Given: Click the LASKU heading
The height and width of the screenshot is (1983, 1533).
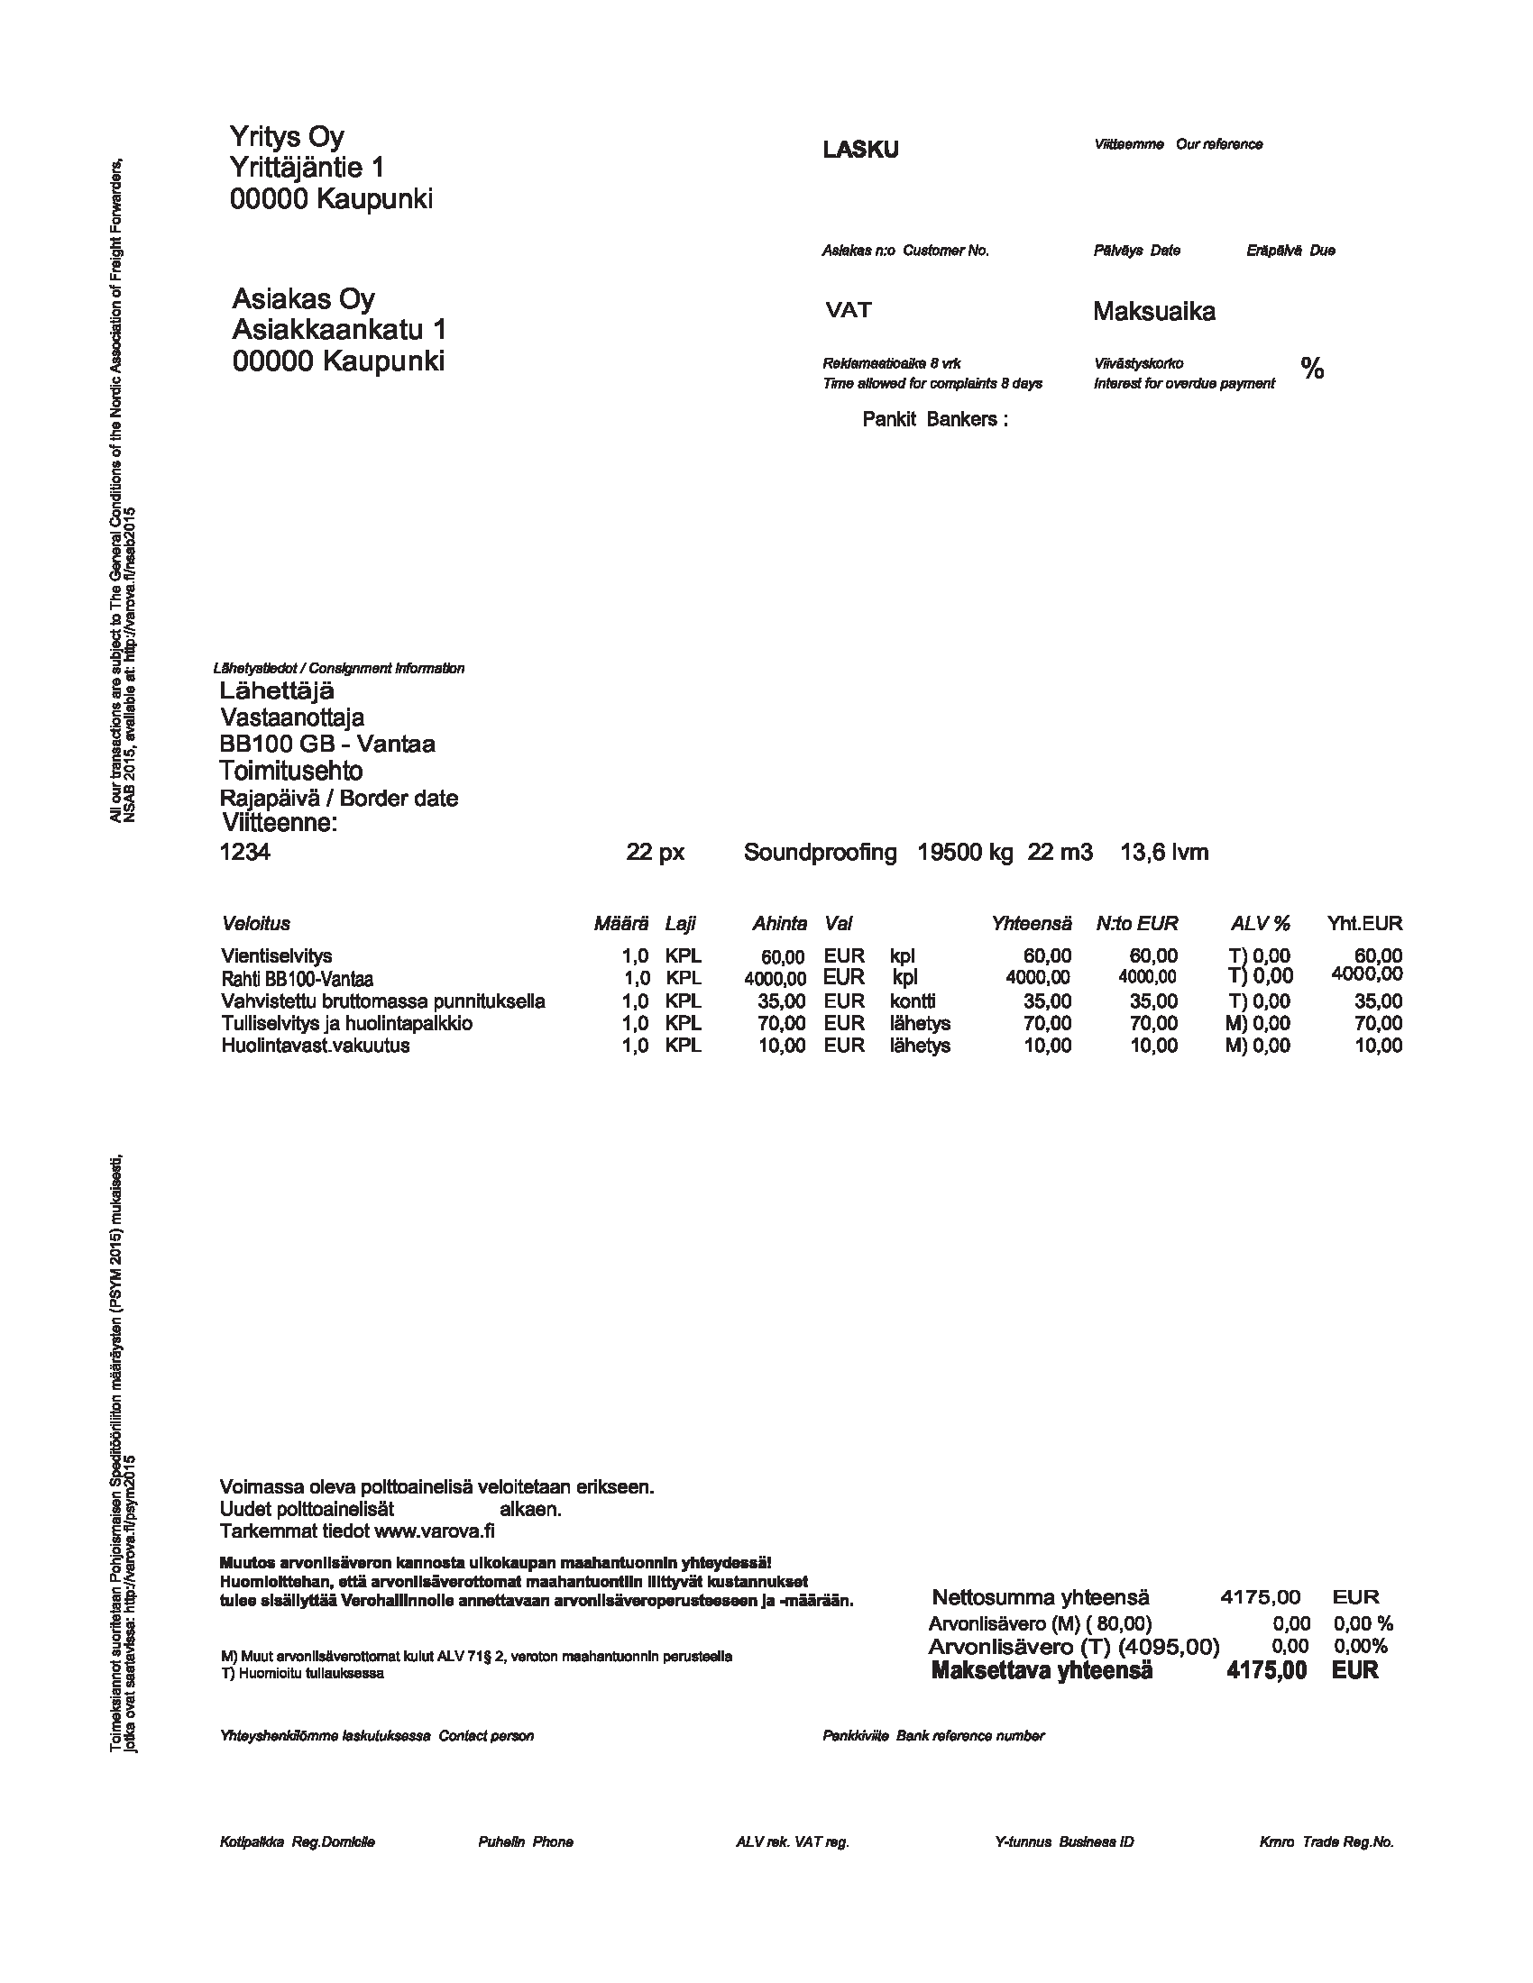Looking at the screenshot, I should [860, 150].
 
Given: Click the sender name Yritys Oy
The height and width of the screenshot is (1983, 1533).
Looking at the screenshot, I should [286, 137].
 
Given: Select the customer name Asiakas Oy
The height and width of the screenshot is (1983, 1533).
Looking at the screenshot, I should [303, 298].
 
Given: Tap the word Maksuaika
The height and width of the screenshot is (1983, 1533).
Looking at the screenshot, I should [1153, 312].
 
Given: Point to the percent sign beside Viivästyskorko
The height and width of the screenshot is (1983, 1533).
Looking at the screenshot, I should [1311, 369].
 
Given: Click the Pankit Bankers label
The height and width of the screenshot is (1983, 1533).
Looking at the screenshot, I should [934, 419].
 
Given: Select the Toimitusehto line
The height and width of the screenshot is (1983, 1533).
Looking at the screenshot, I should [290, 771].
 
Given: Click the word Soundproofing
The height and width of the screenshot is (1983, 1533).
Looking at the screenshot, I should [819, 853].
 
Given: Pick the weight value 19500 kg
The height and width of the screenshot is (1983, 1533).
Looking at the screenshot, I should [965, 853].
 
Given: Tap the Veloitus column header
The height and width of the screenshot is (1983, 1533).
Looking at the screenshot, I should [255, 923].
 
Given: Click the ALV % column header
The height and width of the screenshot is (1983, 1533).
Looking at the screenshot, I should [1260, 923].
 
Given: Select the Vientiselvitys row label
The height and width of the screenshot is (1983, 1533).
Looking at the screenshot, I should [276, 955].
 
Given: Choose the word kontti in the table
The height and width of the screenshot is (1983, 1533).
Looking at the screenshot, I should [912, 1001].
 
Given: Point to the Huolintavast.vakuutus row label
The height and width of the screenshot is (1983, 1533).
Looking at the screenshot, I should [315, 1045].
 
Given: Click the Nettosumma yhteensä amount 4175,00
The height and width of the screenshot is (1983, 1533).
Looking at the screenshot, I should [1260, 1597].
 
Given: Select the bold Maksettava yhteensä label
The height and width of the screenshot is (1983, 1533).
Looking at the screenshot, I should [1041, 1670].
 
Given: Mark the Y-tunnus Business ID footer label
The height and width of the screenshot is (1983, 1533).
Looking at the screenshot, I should [1063, 1842].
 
